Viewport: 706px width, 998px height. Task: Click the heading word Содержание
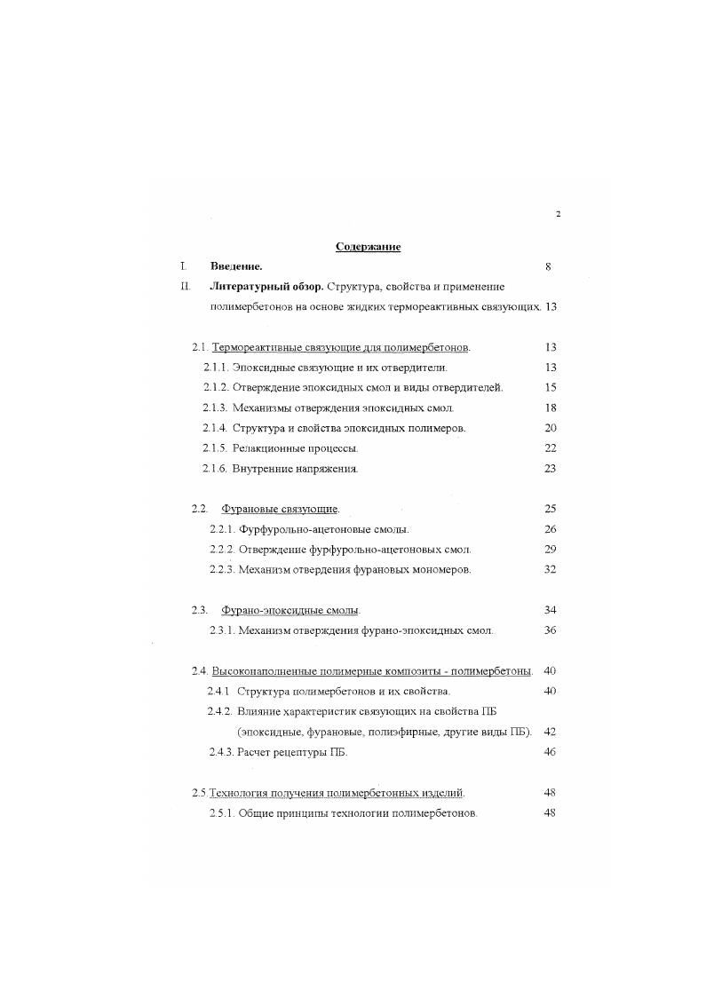(368, 246)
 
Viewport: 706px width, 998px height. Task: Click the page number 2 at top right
(558, 214)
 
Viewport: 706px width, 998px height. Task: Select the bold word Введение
(236, 265)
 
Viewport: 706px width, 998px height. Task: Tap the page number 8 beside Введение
(549, 265)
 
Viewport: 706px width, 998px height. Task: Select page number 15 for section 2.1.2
(550, 387)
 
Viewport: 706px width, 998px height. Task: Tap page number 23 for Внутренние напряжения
(550, 468)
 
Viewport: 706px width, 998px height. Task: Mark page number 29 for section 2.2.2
(550, 549)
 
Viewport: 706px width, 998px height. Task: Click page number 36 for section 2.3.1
(550, 630)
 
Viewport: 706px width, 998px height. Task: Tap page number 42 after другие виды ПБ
(550, 732)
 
